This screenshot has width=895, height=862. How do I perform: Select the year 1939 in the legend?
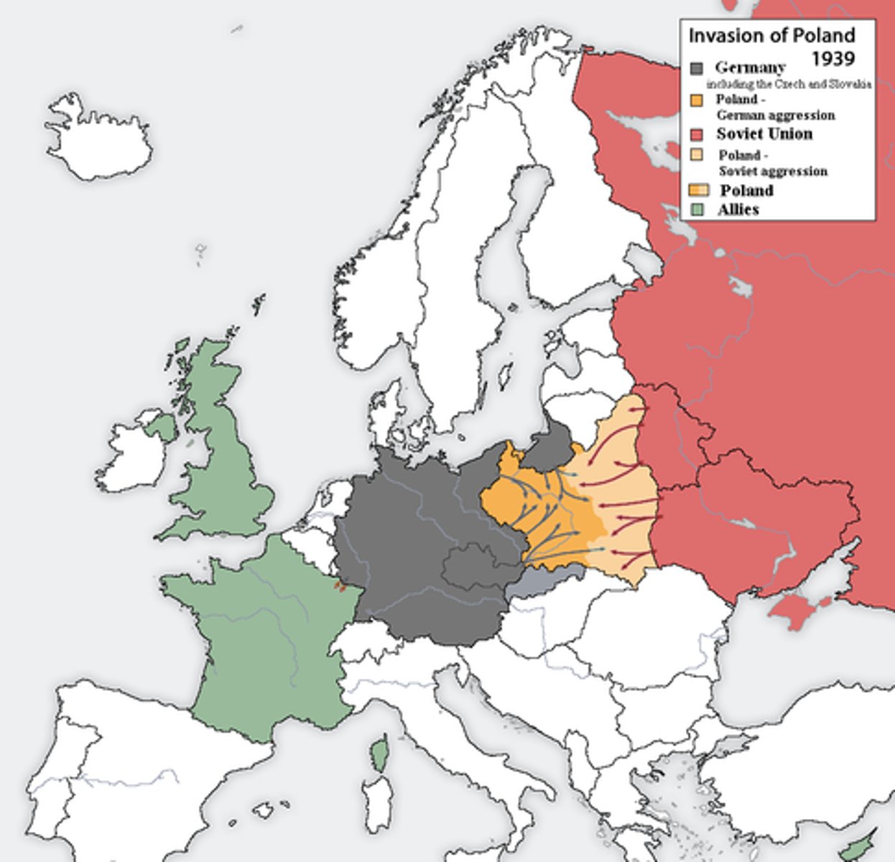(833, 57)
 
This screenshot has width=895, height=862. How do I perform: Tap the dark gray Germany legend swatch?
(696, 69)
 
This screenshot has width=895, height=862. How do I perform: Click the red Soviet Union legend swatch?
(696, 135)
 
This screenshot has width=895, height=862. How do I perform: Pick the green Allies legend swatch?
(696, 210)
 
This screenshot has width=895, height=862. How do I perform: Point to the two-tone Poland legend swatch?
(698, 190)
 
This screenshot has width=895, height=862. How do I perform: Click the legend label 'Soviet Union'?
(764, 134)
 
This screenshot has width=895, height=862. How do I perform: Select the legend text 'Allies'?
(738, 210)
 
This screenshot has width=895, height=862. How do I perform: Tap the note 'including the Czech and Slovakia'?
(788, 85)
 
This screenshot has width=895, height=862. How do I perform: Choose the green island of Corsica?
(379, 754)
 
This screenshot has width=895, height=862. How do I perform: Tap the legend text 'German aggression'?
(776, 115)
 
